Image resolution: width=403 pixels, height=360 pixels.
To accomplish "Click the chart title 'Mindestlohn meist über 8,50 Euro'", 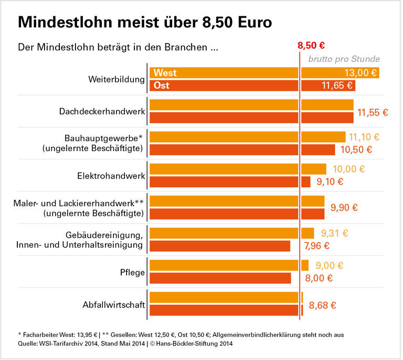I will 144,23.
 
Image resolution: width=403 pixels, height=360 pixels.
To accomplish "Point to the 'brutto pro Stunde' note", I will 344,59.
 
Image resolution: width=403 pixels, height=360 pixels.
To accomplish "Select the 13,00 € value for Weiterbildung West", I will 360,73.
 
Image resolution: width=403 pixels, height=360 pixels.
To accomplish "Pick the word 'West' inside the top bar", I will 165,73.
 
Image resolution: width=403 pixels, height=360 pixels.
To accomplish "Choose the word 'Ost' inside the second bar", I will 162,85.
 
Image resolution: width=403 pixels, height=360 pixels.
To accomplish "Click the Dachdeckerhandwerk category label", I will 102,111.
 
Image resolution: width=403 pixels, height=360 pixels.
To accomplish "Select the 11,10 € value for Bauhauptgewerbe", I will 364,137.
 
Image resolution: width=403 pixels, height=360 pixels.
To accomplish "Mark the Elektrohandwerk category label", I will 111,175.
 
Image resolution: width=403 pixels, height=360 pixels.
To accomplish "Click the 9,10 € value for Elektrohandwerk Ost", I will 330,182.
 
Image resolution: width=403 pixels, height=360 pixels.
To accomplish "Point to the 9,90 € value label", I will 344,207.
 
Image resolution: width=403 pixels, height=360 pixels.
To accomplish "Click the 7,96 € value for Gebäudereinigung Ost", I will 317,246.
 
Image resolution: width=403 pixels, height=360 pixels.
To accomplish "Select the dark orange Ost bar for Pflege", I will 220,278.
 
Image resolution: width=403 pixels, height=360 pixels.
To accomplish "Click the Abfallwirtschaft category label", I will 113,304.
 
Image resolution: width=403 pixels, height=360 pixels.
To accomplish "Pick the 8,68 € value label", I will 322,304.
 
